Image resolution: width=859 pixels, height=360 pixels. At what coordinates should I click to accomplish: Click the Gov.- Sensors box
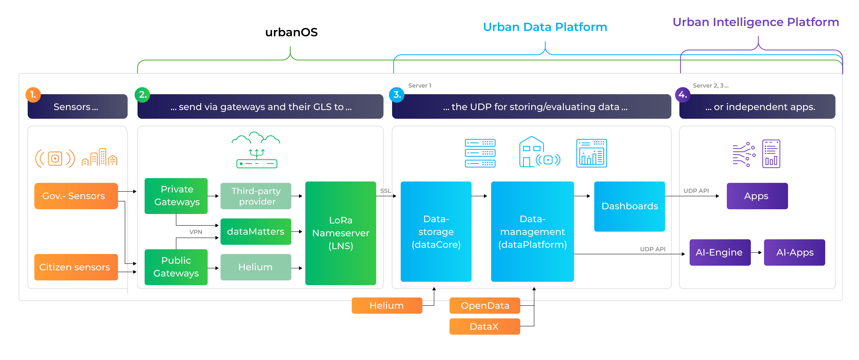click(76, 196)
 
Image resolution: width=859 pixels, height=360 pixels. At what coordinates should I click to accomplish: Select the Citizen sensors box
click(76, 267)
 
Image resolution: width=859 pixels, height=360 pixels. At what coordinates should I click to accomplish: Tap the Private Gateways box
click(176, 196)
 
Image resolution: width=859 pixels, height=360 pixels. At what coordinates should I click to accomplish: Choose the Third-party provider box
click(256, 196)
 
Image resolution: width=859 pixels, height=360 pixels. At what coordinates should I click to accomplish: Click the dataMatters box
click(256, 232)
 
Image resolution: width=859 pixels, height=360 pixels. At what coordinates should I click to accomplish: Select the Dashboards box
click(630, 206)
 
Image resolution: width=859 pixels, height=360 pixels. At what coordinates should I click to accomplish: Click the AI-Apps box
click(795, 252)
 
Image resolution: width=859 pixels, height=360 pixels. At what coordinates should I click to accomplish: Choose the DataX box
click(485, 326)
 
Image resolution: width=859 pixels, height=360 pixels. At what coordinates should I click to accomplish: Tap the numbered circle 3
click(397, 95)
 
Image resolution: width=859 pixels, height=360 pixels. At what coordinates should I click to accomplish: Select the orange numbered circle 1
click(33, 95)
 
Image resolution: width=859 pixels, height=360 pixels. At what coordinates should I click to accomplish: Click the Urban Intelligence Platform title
click(756, 22)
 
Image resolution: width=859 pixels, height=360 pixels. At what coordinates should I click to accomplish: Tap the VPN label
click(196, 232)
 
